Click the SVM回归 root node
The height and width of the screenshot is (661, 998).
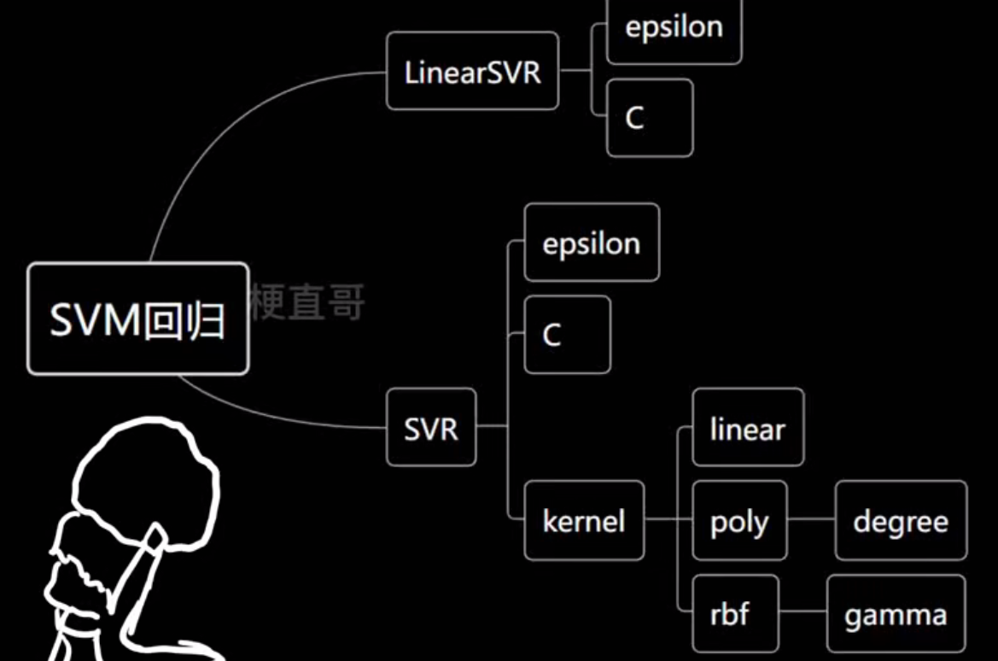coord(137,319)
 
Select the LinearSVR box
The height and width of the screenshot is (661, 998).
coord(472,72)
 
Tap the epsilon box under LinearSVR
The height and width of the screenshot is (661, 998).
coord(674,29)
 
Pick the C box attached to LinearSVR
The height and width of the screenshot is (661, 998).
coord(649,118)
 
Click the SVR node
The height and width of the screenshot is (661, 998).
coord(431,428)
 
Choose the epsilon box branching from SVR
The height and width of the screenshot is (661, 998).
coord(591,243)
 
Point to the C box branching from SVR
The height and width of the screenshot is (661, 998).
coord(567,335)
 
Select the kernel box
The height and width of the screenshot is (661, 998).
coord(584,521)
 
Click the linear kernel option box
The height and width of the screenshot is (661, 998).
coord(747,428)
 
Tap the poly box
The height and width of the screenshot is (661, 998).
coord(739,521)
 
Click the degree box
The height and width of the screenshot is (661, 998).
coord(901,521)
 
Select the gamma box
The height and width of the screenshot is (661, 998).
coord(896,614)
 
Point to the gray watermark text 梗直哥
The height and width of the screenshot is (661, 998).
coord(307,302)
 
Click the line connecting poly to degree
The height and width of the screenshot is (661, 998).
coord(811,518)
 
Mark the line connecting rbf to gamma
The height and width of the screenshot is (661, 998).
coord(802,611)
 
